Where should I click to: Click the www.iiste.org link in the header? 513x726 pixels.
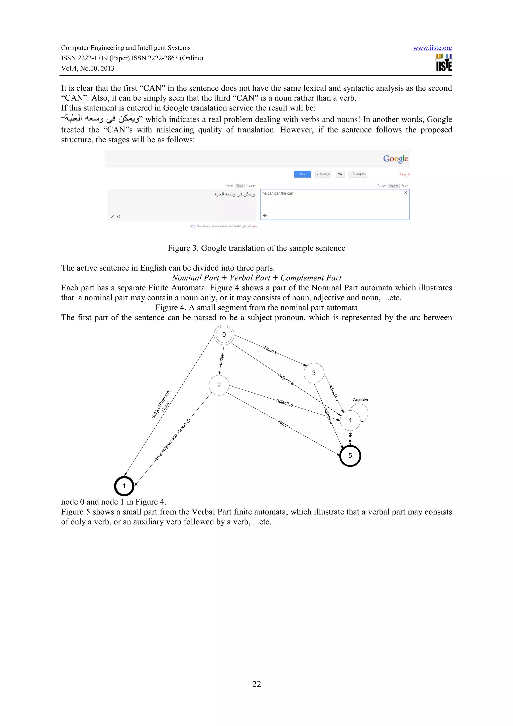(432, 48)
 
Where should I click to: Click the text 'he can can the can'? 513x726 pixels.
(278, 193)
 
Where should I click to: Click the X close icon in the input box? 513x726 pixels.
(406, 193)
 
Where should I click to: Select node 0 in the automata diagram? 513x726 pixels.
(224, 334)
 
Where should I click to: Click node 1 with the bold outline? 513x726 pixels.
(124, 486)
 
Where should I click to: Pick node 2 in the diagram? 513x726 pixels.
(219, 385)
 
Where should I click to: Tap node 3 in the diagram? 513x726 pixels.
(314, 373)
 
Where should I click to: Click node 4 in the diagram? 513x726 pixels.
(350, 420)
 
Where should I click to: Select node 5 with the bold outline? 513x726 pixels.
(350, 456)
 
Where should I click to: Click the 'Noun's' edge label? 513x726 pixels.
(270, 350)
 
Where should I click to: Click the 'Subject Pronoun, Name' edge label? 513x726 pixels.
(162, 405)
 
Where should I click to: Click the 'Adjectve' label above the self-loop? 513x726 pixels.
(361, 400)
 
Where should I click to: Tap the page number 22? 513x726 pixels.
(256, 684)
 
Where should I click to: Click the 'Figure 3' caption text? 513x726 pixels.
(256, 248)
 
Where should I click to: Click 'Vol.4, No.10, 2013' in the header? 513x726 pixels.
(88, 69)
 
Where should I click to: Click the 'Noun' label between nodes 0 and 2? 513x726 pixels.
(222, 360)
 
